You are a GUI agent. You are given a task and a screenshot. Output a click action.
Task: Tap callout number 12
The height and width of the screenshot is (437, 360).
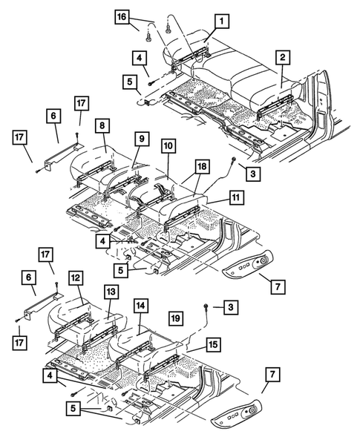click(x=76, y=277)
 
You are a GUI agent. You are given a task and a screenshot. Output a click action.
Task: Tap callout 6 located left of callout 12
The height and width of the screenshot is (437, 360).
click(x=29, y=277)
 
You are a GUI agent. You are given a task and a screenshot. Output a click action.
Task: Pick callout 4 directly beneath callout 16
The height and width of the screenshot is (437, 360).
click(x=139, y=56)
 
